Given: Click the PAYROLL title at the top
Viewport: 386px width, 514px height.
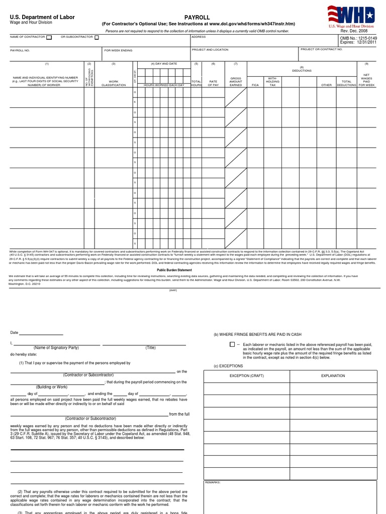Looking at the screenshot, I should pos(197,17).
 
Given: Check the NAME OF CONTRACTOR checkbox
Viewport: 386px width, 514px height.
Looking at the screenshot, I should pos(49,37).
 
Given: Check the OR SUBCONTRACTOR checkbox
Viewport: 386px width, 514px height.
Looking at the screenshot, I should pos(96,37).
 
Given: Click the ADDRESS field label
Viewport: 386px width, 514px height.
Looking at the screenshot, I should pos(199,37).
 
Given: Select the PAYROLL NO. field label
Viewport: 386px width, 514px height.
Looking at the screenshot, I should pos(20,50).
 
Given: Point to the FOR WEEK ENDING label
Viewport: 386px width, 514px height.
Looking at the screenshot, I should pos(118,50).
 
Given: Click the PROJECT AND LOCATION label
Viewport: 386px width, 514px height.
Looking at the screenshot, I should pos(210,50).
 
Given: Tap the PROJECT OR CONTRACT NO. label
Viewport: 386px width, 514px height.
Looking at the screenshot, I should pos(322,49).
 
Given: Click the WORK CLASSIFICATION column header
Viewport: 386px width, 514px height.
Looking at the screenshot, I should pos(114,83).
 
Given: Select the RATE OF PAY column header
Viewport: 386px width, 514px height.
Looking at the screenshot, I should pos(213,83).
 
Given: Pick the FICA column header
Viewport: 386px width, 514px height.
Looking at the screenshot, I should pos(255,85).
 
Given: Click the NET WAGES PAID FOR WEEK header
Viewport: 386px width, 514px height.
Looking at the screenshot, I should pos(366,80).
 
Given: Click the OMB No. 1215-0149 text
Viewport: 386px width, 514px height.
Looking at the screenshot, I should pos(358,38).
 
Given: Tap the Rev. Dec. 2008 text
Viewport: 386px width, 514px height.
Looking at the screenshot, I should pos(354,31).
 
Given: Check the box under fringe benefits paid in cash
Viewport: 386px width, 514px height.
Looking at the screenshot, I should pos(232,345).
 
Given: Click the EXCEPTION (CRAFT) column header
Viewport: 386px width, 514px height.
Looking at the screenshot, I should pos(247,375).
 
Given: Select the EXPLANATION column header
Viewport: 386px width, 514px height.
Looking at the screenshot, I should pos(333,375).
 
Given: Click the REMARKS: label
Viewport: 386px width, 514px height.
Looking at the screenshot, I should pos(213,482).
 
